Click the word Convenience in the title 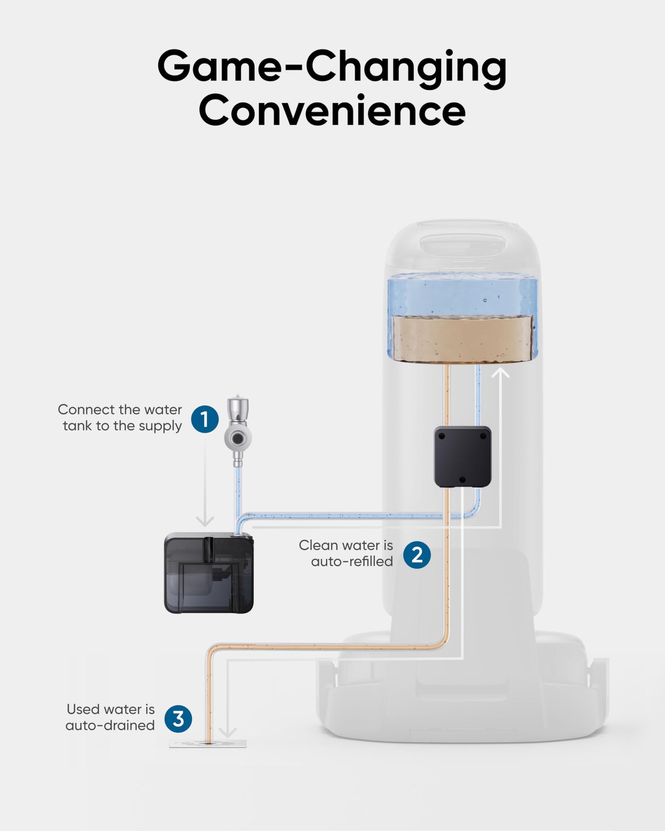point(332,110)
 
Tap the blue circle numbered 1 point(205,419)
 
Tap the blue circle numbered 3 point(178,718)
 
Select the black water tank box point(209,573)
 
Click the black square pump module point(463,456)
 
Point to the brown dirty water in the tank point(462,339)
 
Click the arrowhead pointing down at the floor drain point(227,732)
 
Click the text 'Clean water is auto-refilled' point(346,553)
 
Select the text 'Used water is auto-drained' point(110,717)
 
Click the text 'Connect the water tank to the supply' point(121,417)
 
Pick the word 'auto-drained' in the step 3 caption point(110,726)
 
